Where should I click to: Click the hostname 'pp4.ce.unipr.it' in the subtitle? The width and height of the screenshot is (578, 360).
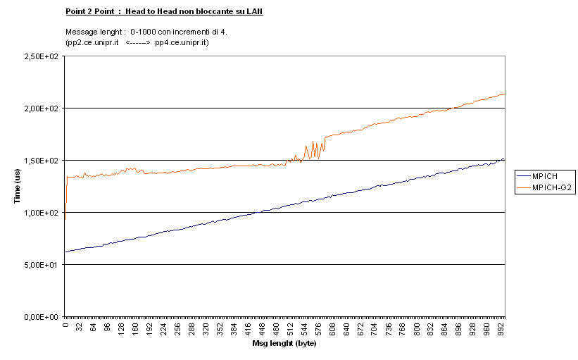click(x=180, y=42)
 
